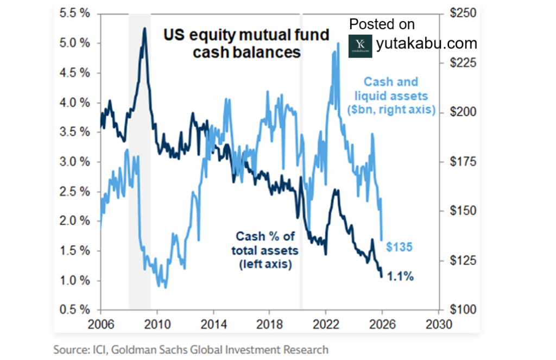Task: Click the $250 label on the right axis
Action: click(x=458, y=13)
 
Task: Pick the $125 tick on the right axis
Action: click(x=458, y=261)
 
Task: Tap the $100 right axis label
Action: click(x=458, y=310)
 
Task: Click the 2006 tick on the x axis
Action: click(x=101, y=326)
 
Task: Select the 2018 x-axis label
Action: click(x=269, y=326)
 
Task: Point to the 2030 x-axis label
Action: click(x=438, y=326)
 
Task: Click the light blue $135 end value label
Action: click(x=400, y=247)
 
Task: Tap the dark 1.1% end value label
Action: click(x=402, y=276)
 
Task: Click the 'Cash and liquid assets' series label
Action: click(x=391, y=96)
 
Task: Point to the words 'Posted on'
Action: click(x=382, y=24)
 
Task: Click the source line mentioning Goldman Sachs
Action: click(x=191, y=349)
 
